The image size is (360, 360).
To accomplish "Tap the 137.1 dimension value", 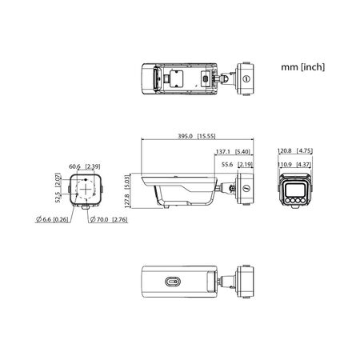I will [x=222, y=150].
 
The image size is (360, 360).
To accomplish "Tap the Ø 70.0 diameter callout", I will [x=100, y=219].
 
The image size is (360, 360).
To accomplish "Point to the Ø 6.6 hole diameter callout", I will [x=45, y=219].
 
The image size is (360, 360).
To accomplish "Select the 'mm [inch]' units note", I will [x=302, y=68].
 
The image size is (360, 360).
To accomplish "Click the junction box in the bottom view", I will [x=246, y=282].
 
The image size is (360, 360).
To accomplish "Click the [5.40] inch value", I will [x=244, y=150].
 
